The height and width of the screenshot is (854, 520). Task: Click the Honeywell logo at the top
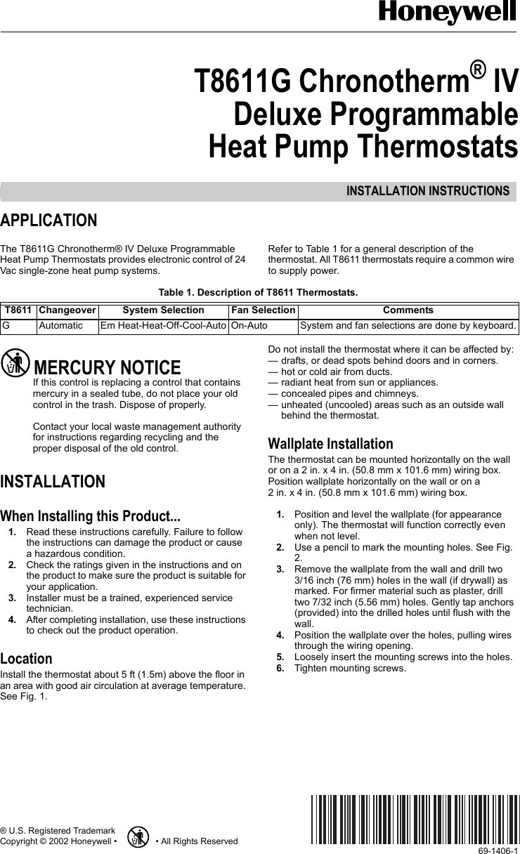pos(448,13)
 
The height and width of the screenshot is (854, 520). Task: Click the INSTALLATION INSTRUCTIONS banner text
pos(427,191)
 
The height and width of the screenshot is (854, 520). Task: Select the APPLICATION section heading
pos(48,221)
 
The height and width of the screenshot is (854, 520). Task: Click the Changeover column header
pos(67,310)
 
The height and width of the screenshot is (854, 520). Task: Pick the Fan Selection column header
pos(264,310)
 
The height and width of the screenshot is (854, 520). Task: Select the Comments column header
pos(408,310)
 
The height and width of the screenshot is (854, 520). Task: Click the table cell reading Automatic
pos(60,326)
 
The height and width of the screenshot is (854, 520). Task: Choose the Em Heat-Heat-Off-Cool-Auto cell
pos(163,326)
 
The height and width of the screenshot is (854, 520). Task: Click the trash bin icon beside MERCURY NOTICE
pos(15,364)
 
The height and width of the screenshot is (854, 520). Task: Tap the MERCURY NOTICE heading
pos(107,367)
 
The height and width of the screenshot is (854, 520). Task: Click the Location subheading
pos(26,659)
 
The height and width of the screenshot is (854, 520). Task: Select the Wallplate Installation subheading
pos(331,444)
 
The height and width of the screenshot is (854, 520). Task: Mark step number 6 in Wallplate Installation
pos(280,668)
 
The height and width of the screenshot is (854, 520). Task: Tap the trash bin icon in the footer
pos(139,837)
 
